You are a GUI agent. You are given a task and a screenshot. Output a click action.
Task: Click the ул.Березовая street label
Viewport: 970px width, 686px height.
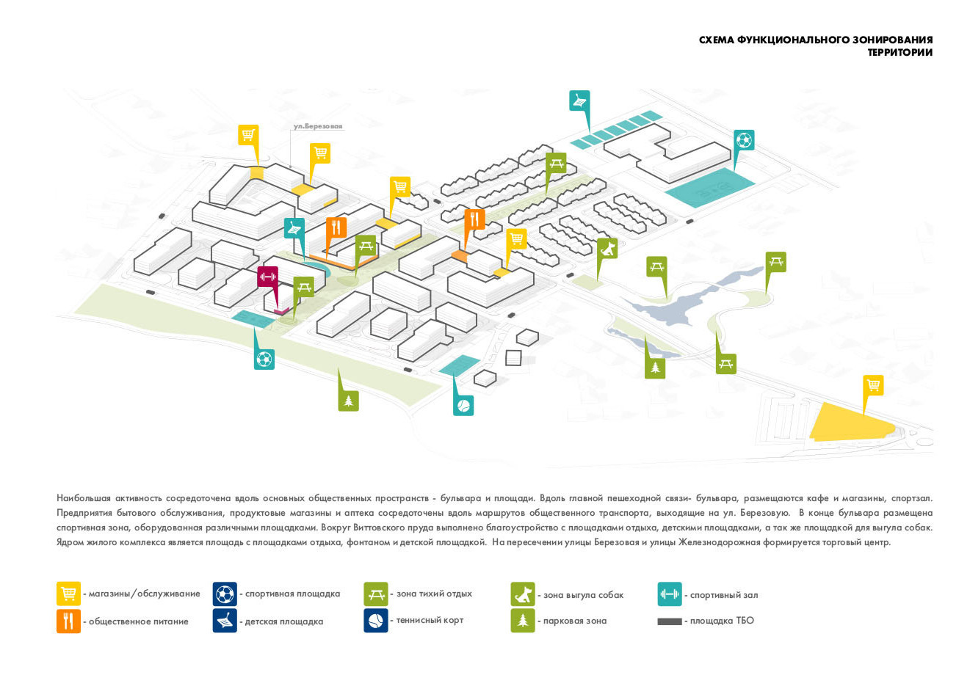click(x=318, y=126)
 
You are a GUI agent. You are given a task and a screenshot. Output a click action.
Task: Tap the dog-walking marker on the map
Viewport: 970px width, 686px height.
click(x=607, y=249)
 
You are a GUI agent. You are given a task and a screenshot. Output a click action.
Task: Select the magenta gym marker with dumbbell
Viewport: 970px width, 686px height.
click(x=267, y=277)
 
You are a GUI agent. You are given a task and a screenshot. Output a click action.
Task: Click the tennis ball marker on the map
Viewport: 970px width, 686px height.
click(x=463, y=406)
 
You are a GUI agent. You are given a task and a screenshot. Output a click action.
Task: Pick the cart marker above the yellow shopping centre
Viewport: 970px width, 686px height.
click(x=873, y=386)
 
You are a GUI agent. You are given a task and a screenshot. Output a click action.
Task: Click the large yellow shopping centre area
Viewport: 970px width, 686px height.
click(x=850, y=423)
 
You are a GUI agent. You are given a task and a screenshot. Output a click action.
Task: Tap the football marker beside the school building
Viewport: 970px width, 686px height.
click(x=744, y=140)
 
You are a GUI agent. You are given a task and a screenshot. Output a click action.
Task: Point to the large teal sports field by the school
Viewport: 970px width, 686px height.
click(x=710, y=187)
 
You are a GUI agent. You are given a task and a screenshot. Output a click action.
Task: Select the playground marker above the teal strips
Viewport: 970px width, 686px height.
click(x=579, y=101)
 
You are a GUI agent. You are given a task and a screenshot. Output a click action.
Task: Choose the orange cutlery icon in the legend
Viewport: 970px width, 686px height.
click(x=68, y=621)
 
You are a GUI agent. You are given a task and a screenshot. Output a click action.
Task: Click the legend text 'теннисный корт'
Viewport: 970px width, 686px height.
click(x=430, y=620)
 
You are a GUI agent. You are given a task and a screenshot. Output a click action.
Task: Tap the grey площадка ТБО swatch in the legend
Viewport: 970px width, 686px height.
click(x=670, y=621)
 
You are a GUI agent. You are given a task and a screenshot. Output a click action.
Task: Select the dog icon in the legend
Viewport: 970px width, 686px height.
click(x=523, y=594)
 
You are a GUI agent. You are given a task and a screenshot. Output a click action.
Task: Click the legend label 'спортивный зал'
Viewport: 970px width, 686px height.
click(x=724, y=595)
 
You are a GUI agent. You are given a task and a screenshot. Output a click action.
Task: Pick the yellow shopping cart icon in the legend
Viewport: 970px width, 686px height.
click(x=68, y=594)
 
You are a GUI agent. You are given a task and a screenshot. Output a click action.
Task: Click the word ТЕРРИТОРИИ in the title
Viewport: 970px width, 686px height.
click(x=900, y=52)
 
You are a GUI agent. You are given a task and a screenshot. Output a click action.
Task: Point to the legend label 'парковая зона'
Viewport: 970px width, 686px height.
click(x=575, y=621)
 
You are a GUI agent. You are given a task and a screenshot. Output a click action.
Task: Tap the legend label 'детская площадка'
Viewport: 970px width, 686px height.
click(x=284, y=621)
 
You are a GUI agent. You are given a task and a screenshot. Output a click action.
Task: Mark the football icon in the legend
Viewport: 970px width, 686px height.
click(x=225, y=594)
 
